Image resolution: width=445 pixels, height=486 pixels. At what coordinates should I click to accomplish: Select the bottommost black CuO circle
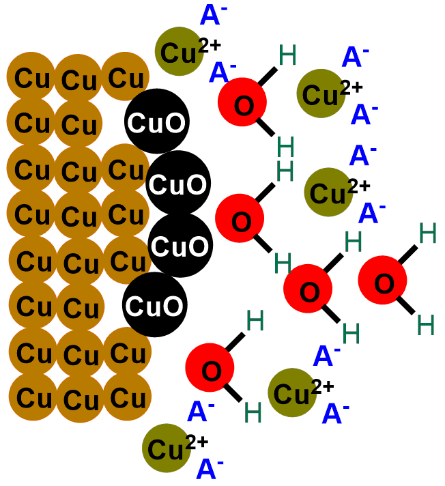155,304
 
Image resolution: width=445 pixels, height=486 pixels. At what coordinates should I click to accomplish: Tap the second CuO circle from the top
178,183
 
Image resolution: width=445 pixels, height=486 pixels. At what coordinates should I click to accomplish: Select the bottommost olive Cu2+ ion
167,448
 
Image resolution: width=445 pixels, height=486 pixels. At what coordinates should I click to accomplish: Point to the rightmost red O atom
384,283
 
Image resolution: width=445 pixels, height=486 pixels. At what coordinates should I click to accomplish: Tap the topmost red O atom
242,104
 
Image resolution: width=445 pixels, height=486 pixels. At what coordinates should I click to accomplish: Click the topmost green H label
287,55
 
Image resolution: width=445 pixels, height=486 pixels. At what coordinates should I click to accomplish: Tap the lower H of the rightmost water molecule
426,324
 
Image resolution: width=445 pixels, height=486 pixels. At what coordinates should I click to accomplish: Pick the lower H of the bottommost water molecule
253,412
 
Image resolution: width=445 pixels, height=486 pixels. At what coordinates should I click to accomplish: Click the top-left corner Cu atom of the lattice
31,77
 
